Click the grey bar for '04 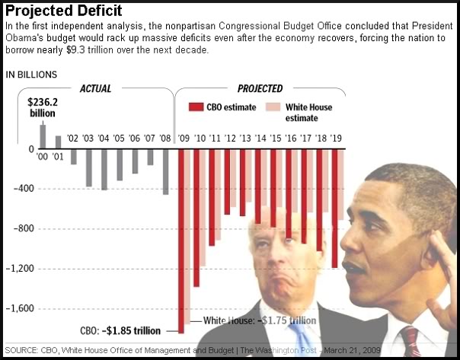pyautogui.click(x=104, y=169)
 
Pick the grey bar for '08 pyautogui.click(x=165, y=171)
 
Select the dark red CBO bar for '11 pyautogui.click(x=212, y=197)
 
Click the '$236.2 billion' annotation pyautogui.click(x=43, y=107)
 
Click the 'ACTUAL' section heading pyautogui.click(x=95, y=88)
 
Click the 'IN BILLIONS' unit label pyautogui.click(x=30, y=74)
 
